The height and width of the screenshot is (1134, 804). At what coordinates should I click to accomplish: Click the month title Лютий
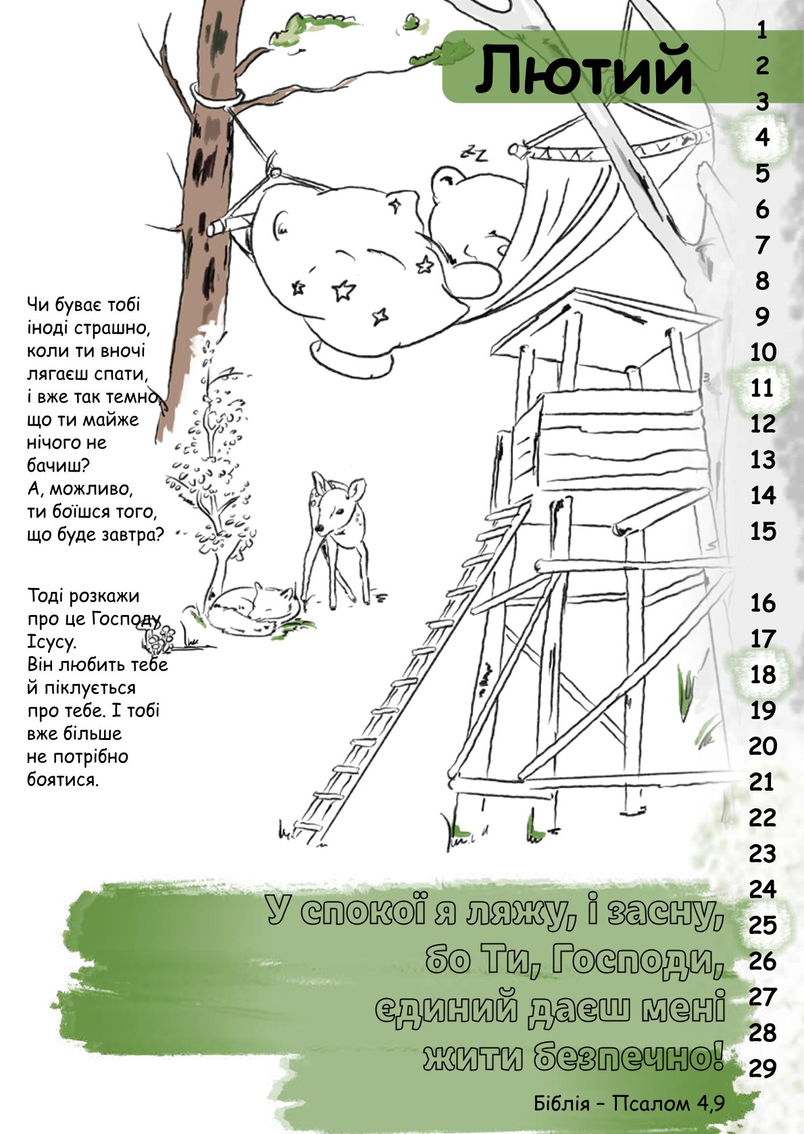583,70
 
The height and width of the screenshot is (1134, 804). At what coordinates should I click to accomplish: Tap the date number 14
763,495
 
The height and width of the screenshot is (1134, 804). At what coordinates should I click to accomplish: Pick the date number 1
763,31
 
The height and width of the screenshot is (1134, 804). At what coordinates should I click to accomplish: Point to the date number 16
763,603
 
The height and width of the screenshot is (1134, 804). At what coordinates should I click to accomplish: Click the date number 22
763,818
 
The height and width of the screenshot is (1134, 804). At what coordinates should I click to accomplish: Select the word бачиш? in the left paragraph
57,466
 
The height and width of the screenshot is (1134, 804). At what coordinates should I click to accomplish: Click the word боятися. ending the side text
62,780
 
